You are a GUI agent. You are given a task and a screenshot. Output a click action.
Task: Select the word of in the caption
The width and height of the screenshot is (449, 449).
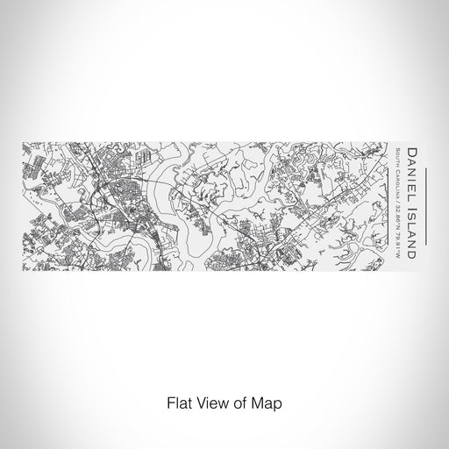coord(234,406)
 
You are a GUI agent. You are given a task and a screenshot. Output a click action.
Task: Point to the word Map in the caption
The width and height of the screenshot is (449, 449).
coord(265,406)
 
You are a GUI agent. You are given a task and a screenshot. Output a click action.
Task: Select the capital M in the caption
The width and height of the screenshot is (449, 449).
coord(256,406)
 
